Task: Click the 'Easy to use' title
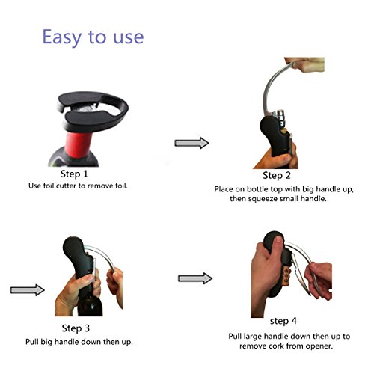click(93, 37)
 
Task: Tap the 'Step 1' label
click(74, 174)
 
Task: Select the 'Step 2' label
click(277, 175)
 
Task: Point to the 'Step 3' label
click(76, 328)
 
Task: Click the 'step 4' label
click(283, 321)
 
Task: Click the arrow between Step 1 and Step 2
click(191, 143)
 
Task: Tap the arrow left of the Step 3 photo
click(28, 290)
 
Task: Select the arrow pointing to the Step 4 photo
click(195, 278)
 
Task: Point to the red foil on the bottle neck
click(79, 144)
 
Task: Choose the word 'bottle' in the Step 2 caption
click(258, 189)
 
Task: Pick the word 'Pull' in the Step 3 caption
click(32, 342)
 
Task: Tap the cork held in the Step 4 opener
click(288, 276)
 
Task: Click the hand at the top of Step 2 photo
click(306, 64)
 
